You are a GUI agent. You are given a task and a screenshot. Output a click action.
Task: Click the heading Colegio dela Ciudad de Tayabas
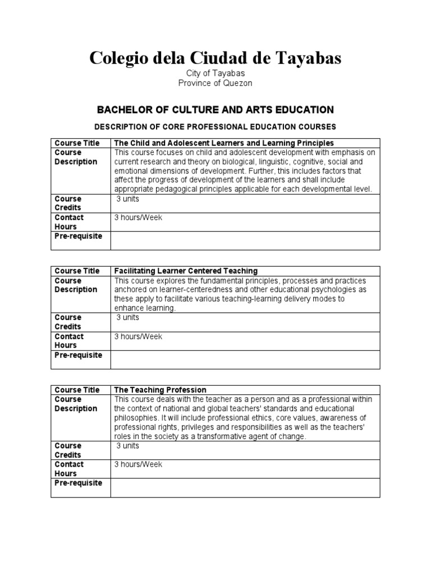click(x=215, y=58)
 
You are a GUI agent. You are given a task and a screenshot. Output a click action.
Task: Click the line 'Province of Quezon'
click(x=215, y=83)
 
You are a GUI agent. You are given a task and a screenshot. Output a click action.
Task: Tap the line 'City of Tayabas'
click(x=215, y=74)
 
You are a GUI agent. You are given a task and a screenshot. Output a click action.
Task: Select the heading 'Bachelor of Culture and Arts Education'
click(x=215, y=109)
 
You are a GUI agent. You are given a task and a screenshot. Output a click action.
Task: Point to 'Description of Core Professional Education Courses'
click(x=215, y=127)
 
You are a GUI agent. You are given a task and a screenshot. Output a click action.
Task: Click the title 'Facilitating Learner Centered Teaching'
click(x=186, y=271)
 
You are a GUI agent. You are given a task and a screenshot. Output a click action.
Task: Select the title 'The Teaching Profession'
click(x=161, y=390)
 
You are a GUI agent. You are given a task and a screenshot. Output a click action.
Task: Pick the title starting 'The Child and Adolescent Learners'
click(x=224, y=143)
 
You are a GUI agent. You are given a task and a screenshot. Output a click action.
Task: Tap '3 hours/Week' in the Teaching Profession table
click(x=138, y=464)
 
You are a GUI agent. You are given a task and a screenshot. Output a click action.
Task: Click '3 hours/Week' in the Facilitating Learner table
click(x=138, y=336)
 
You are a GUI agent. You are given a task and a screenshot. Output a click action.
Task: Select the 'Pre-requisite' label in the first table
click(x=78, y=236)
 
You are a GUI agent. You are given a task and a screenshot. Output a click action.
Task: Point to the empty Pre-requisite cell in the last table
click(x=245, y=487)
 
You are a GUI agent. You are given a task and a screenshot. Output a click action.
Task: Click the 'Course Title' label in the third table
click(x=77, y=390)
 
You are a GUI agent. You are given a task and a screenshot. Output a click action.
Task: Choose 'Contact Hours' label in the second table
click(x=69, y=341)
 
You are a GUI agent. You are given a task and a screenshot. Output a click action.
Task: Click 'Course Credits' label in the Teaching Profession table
click(x=68, y=450)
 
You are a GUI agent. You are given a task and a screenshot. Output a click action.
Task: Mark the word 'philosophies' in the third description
click(x=137, y=418)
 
